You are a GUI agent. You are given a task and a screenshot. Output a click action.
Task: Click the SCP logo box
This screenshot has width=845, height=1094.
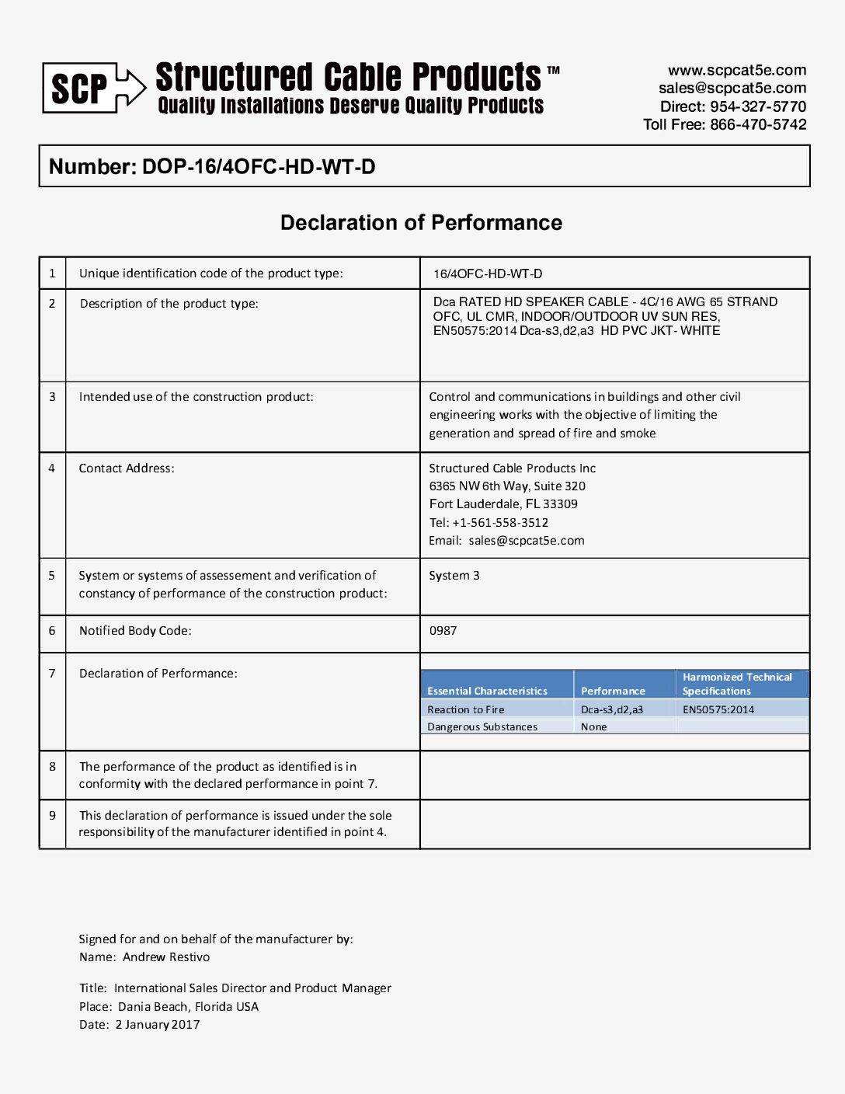click(x=79, y=88)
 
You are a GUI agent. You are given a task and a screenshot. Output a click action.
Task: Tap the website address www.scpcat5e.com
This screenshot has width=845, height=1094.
click(x=736, y=70)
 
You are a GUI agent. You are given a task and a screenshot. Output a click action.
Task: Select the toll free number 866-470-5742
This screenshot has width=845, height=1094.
click(x=758, y=124)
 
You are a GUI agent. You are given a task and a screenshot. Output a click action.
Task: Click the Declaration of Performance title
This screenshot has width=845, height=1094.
click(x=421, y=223)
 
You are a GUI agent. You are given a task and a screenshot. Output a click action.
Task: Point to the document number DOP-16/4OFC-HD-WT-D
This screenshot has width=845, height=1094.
click(x=259, y=167)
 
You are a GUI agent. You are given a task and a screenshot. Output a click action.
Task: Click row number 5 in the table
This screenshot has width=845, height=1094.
click(x=52, y=576)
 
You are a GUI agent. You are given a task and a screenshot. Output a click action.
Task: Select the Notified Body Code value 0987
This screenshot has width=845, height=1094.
click(x=443, y=631)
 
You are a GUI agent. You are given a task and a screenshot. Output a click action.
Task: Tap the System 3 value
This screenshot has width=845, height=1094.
click(x=454, y=576)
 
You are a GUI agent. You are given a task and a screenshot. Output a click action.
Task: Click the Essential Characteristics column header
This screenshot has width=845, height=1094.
click(x=487, y=691)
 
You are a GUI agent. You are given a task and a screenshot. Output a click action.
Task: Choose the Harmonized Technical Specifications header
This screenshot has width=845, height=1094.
click(x=736, y=684)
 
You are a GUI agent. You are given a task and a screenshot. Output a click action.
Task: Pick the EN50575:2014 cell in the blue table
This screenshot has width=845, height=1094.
click(x=718, y=709)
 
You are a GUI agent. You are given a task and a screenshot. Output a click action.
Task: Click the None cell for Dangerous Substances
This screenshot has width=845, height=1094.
click(x=594, y=727)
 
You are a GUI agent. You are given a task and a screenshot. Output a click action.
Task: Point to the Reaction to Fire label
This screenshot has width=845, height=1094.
click(x=465, y=709)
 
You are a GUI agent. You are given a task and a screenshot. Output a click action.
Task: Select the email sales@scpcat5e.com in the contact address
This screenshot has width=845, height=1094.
click(x=527, y=541)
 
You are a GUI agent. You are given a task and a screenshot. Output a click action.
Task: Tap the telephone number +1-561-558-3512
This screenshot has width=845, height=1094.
click(x=500, y=523)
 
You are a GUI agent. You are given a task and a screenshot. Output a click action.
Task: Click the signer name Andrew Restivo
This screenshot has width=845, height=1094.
click(x=166, y=957)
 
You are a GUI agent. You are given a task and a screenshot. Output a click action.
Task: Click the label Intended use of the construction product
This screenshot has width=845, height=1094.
click(x=196, y=397)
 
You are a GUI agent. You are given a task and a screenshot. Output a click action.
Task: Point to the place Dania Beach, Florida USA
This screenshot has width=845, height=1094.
click(x=188, y=1007)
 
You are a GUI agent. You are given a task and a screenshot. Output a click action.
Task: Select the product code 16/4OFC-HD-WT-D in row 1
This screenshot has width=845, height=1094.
click(x=488, y=274)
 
